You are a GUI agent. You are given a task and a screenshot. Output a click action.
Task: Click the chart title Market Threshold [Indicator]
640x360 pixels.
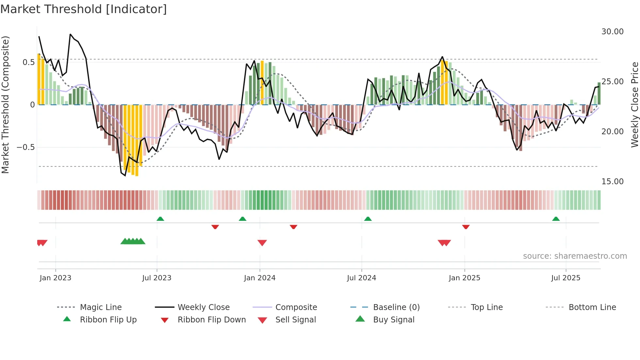[x=84, y=9]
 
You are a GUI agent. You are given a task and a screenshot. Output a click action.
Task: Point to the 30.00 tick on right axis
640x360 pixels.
[x=612, y=32]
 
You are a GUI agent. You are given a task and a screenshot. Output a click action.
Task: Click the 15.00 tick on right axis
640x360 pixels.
[x=612, y=182]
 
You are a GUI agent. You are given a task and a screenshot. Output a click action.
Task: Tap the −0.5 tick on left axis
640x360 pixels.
[x=26, y=147]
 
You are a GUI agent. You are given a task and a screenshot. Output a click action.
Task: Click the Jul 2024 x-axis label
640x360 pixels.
[x=361, y=278]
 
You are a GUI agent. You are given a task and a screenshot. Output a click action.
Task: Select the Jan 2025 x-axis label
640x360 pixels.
[x=464, y=278]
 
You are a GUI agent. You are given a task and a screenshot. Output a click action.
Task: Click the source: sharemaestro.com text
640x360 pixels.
[x=575, y=256]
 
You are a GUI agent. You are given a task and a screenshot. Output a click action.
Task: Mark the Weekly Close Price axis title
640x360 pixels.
[x=634, y=105]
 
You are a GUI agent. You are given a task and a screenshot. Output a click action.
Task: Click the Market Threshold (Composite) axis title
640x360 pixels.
[x=5, y=105]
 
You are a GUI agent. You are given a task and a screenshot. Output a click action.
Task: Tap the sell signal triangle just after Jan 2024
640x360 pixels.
[x=262, y=243]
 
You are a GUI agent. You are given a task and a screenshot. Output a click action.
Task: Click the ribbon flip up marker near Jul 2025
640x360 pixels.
[x=556, y=219]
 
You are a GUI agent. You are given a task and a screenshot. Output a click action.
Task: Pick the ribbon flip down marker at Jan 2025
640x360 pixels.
[x=466, y=227]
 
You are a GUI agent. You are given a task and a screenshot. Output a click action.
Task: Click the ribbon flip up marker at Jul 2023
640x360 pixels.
[x=160, y=219]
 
